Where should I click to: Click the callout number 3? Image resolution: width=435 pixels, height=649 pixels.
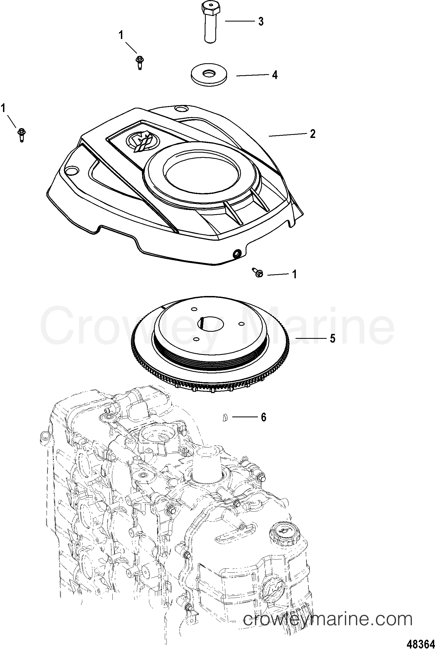click(261, 21)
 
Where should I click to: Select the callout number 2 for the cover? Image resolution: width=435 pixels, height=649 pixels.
click(313, 134)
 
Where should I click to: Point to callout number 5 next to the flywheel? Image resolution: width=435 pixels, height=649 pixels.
click(333, 338)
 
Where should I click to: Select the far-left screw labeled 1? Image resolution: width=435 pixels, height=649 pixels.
click(21, 135)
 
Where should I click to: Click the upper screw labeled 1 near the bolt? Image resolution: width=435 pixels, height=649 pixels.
click(139, 62)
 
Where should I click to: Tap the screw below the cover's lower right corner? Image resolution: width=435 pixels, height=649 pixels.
click(258, 273)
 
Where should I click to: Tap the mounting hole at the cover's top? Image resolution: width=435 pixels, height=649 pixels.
click(181, 109)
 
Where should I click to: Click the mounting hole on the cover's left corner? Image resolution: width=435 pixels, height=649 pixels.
click(71, 170)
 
